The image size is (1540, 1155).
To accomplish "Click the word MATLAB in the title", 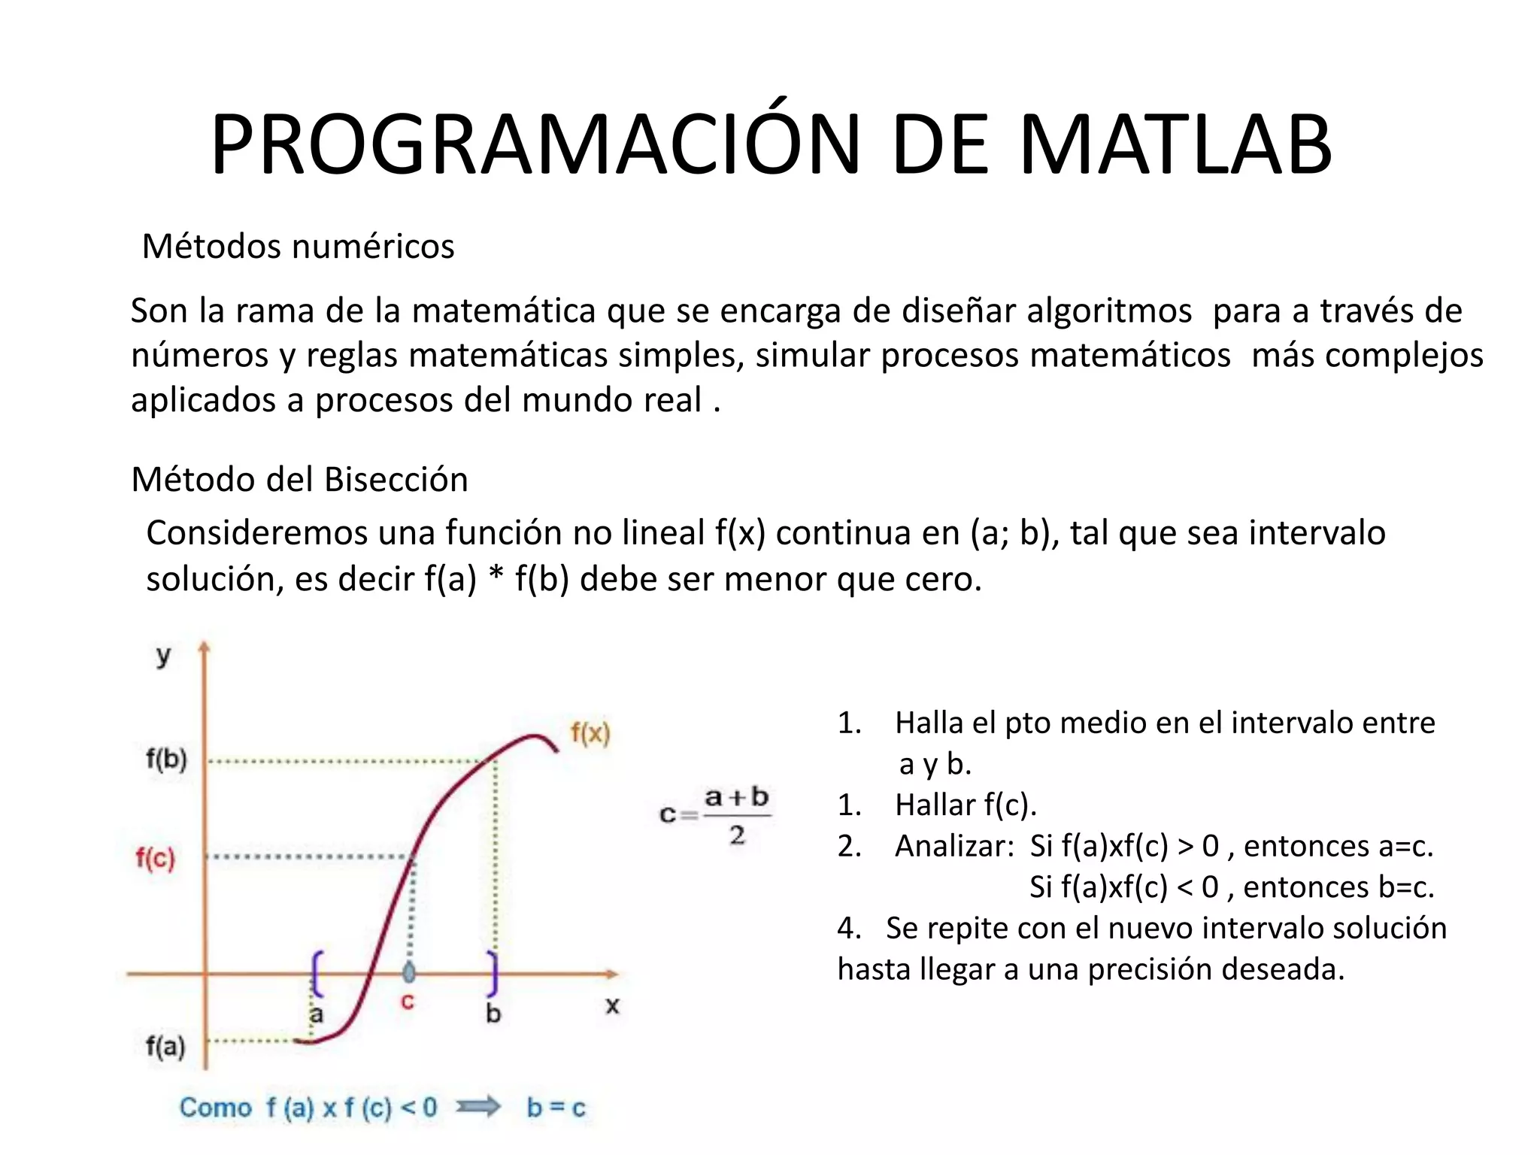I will [x=1175, y=144].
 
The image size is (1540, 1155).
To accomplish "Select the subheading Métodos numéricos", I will [x=298, y=247].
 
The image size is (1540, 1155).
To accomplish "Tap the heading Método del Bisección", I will [x=299, y=480].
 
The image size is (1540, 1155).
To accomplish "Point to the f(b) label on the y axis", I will [x=166, y=759].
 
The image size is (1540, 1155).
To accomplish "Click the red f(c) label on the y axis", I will [x=155, y=858].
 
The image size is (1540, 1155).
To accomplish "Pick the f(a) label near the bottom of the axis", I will [x=165, y=1046].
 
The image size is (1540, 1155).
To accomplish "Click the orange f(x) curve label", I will [x=590, y=732].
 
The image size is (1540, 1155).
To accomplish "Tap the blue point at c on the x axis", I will [x=408, y=972].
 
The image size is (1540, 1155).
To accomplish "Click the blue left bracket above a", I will [x=317, y=972].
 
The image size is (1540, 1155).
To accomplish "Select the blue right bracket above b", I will [x=493, y=972].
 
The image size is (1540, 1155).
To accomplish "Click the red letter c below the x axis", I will [x=407, y=1002].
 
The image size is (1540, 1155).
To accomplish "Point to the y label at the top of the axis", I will [x=163, y=656].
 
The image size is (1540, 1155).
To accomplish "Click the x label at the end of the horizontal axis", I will [x=612, y=1006].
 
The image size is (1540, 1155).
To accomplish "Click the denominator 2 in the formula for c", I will [x=737, y=835].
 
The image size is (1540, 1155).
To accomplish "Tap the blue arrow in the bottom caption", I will [x=480, y=1106].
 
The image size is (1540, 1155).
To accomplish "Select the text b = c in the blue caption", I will [x=556, y=1108].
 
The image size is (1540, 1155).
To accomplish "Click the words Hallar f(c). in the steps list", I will [x=966, y=805].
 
